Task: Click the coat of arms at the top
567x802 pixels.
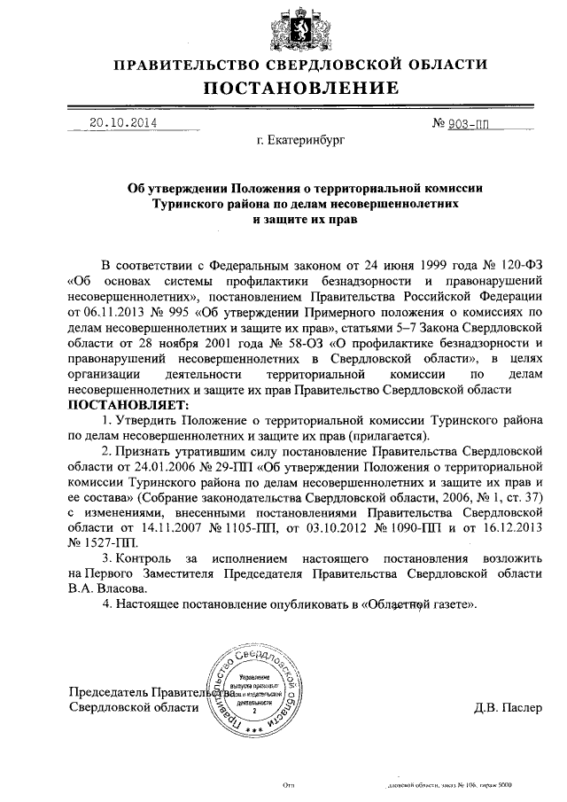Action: [x=283, y=27]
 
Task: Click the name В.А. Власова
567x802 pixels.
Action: [x=106, y=588]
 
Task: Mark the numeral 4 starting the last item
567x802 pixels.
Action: [x=105, y=604]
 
